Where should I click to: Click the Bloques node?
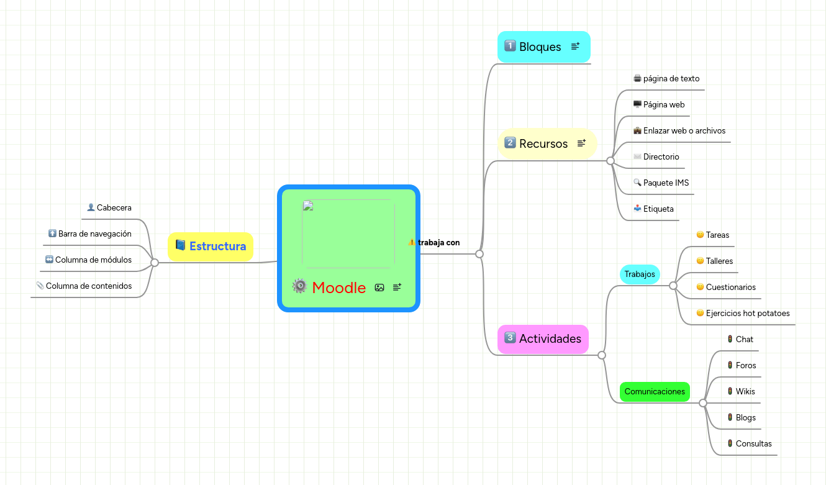coord(539,47)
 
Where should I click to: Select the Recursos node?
coord(543,143)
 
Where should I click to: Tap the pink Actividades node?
coord(549,338)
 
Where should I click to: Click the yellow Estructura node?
coord(217,246)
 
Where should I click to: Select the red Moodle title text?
coord(338,288)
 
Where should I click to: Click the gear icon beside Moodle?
coord(300,286)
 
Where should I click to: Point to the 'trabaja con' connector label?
coord(438,242)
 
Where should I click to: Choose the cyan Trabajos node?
coord(639,274)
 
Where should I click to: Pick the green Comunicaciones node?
coord(655,391)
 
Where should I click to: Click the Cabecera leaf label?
coord(114,208)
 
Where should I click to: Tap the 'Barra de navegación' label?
coord(94,234)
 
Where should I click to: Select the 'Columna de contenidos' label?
coord(89,286)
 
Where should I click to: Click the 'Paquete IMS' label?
coord(666,183)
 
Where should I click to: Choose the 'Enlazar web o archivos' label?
coord(684,131)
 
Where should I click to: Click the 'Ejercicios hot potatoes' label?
coord(747,314)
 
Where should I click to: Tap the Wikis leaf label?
coord(745,392)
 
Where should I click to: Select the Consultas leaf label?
coord(753,444)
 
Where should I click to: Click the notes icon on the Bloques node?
coord(575,46)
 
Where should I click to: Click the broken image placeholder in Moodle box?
coord(348,233)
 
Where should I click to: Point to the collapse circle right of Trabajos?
coord(673,286)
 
